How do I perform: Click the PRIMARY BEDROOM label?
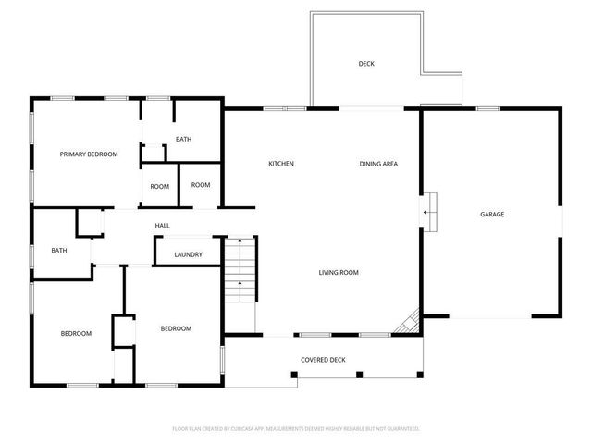point(89,154)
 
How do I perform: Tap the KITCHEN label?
point(281,164)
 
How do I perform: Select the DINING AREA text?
point(378,164)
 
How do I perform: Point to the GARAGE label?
point(491,214)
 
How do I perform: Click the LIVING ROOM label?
point(339,272)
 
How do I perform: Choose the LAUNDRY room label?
point(188,254)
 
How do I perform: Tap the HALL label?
point(162,225)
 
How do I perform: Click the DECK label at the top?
point(366,64)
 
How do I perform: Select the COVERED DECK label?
point(323,359)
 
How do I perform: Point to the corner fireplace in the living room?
point(407,322)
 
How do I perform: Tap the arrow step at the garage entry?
point(428,212)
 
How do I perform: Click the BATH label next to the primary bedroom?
point(183,140)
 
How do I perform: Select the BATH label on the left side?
point(59,250)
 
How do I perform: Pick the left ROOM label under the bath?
point(160,186)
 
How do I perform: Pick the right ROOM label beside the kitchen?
point(201,184)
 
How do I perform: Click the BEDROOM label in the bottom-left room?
point(76,333)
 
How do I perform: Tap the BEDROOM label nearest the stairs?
point(176,328)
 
